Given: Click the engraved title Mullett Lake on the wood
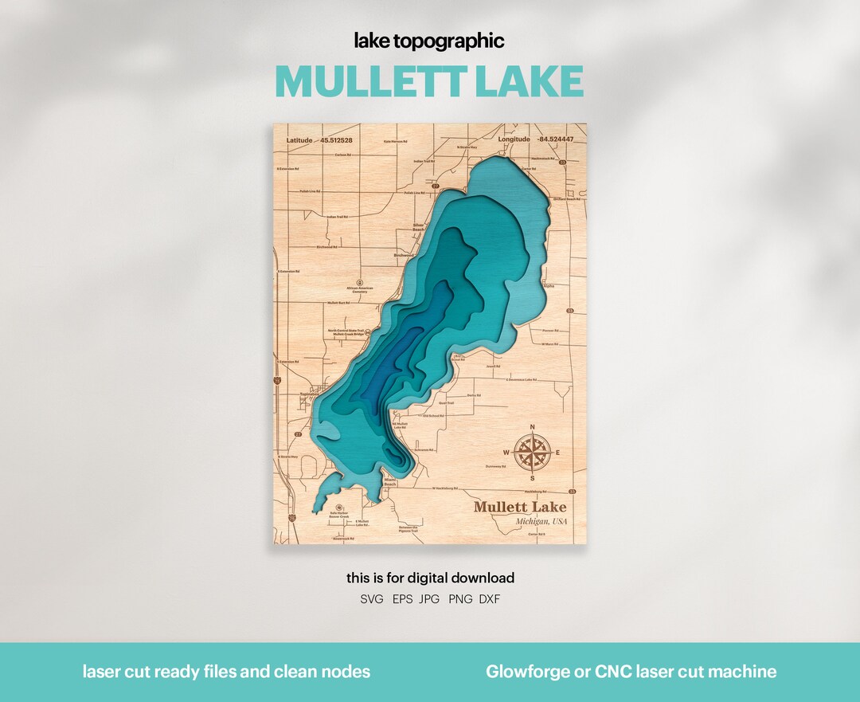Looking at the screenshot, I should click(x=520, y=507).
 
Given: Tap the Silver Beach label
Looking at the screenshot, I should click(x=419, y=228).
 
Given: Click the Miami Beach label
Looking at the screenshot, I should click(x=390, y=482).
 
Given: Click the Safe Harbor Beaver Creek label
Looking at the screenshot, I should click(x=340, y=516).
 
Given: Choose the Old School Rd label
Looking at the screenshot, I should click(x=433, y=415).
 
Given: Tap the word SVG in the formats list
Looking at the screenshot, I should click(x=372, y=599).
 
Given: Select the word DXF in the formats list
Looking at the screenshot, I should click(x=490, y=599).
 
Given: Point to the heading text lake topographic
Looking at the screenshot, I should click(x=429, y=41).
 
